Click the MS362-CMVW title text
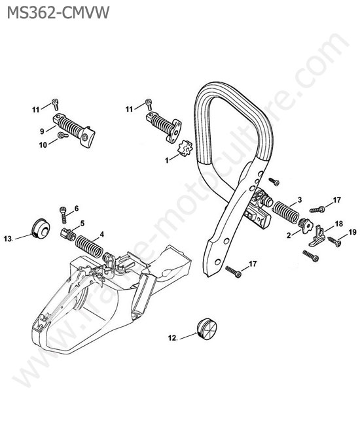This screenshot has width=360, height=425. [58, 12]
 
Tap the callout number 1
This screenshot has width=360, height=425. [167, 160]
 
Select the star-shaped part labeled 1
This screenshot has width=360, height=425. [185, 150]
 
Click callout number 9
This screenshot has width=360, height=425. [42, 131]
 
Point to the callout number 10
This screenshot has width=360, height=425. [43, 145]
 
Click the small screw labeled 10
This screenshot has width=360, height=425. [63, 135]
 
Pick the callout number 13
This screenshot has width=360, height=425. [8, 239]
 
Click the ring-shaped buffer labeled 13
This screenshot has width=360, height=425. [41, 228]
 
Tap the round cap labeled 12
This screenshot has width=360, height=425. [207, 328]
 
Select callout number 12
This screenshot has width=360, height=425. [173, 338]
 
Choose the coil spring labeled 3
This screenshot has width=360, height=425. [285, 212]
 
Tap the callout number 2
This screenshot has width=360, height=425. [289, 235]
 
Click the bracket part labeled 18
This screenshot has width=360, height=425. [317, 237]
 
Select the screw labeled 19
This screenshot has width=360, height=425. [334, 241]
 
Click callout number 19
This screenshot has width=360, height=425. [352, 232]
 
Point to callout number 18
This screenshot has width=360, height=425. [339, 224]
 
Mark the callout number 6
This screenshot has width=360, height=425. [77, 208]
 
